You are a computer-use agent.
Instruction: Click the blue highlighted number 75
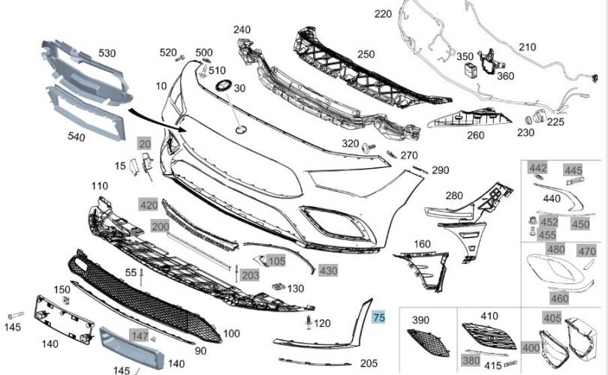point(379,317)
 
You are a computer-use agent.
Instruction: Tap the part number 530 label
point(107,54)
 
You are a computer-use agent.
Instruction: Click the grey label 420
point(149,205)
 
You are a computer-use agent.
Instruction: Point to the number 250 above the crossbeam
point(366,54)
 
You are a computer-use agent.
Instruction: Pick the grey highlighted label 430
point(328,270)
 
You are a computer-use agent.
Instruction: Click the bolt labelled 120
point(309,323)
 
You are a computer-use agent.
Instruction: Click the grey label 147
point(140,337)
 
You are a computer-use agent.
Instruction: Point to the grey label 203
point(250,276)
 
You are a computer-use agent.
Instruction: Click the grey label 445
point(573,171)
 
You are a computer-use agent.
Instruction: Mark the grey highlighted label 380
point(471,360)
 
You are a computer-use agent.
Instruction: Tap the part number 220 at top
point(384,14)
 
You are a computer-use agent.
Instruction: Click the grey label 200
point(160,226)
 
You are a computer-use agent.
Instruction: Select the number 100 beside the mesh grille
point(231,333)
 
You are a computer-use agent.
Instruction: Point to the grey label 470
point(586,251)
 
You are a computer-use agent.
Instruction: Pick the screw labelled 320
point(367,147)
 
